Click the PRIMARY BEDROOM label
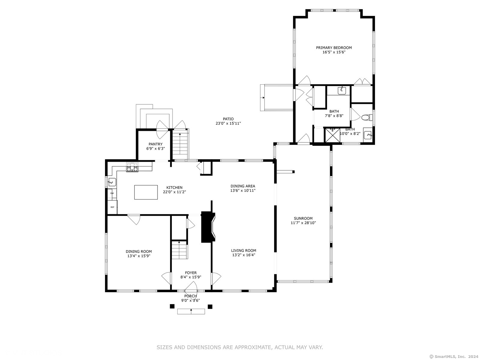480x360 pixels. (334, 48)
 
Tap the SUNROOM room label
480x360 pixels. (303, 218)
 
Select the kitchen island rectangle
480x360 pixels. (146, 192)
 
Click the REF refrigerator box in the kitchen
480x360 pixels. (112, 207)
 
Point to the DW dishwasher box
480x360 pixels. (112, 193)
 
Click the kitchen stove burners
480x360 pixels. (132, 167)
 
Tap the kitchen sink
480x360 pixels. (112, 182)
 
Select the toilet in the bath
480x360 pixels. (367, 118)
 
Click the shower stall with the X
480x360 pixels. (333, 136)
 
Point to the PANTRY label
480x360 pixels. (155, 144)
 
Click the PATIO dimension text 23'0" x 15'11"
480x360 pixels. (228, 123)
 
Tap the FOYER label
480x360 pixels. (191, 273)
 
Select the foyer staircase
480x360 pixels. (179, 250)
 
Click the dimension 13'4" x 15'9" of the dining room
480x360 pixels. (139, 256)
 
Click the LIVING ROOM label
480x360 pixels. (244, 250)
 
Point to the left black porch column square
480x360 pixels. (172, 306)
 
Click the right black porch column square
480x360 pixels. (210, 306)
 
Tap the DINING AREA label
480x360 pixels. (243, 186)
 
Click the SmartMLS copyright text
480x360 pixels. (454, 356)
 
